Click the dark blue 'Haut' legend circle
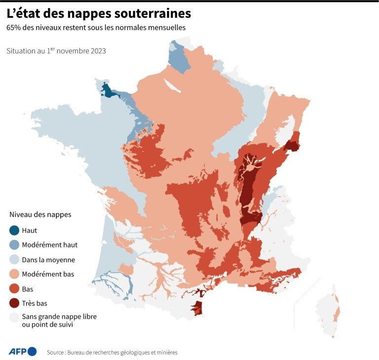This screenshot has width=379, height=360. coord(15,230)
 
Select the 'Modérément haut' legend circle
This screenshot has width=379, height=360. coord(15,244)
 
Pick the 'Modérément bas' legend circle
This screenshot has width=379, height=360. coord(15,274)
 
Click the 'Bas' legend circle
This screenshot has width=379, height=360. coord(15,289)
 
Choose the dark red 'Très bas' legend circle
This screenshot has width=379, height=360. coord(15,303)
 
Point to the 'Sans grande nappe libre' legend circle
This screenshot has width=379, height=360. coord(15,318)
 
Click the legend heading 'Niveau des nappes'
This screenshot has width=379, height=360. coord(40,215)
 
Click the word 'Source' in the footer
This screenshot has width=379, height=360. coord(56,353)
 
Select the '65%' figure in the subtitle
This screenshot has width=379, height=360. coord(14,28)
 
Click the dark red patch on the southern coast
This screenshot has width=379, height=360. coord(198,308)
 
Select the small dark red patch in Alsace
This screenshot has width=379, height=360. coord(292,145)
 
